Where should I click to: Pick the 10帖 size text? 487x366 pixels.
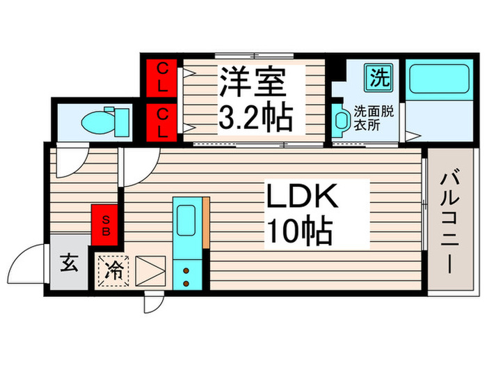click(x=296, y=231)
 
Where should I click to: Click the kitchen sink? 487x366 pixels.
click(x=186, y=220)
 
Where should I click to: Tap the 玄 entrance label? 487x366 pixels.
click(x=68, y=264)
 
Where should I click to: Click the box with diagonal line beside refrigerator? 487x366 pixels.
click(x=150, y=270)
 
